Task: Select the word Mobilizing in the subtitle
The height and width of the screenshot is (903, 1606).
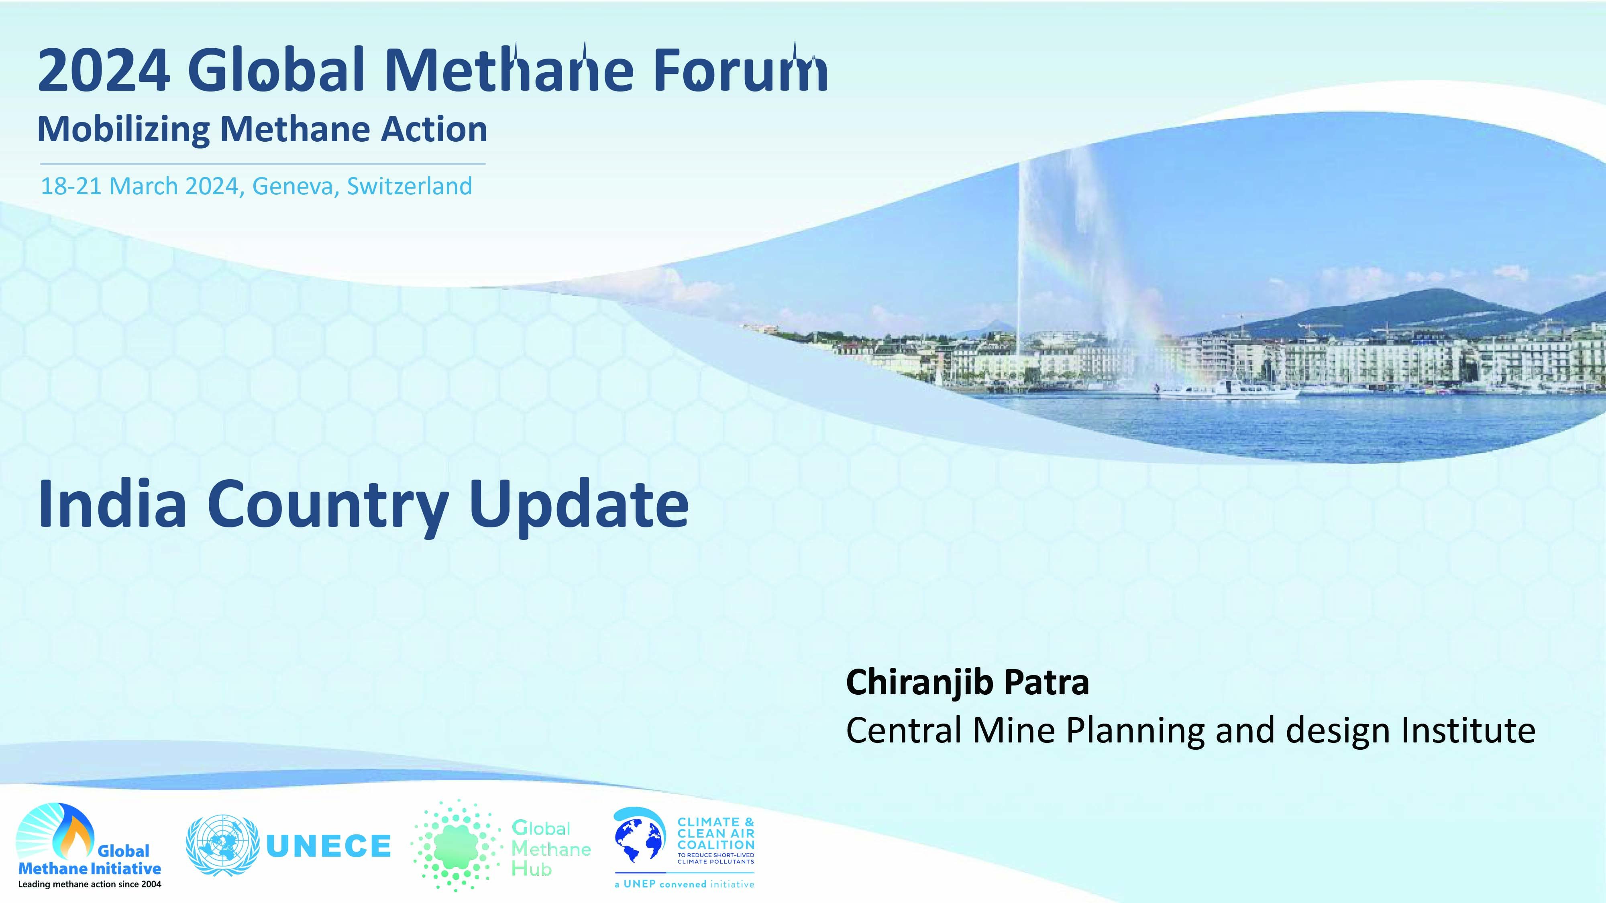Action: point(123,131)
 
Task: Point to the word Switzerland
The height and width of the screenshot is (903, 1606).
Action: point(410,186)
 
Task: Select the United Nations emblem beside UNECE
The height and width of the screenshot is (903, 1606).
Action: point(222,846)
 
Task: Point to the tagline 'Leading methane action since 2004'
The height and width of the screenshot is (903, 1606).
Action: point(90,884)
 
